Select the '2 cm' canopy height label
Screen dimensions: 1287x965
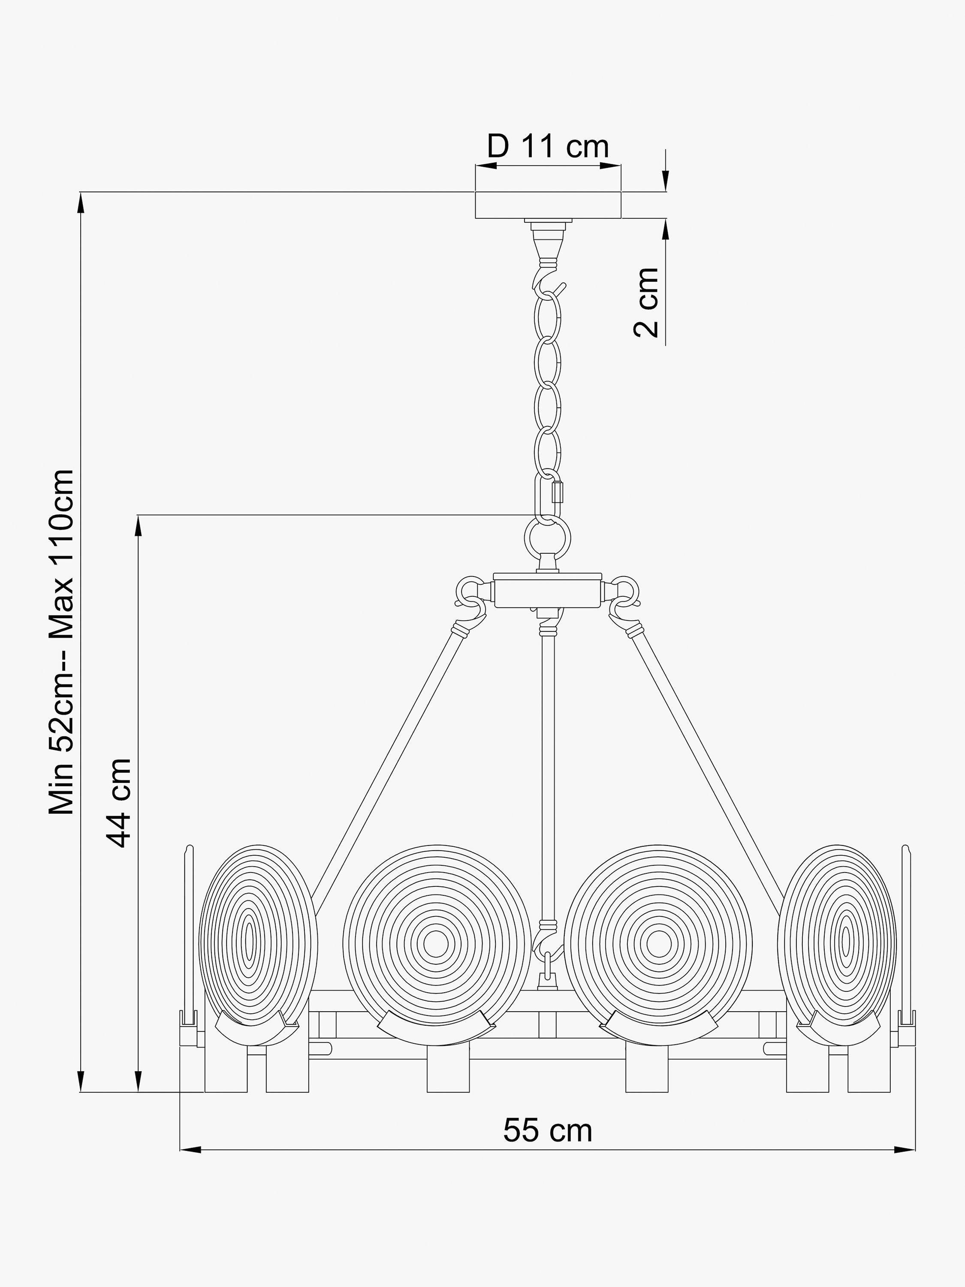coord(646,302)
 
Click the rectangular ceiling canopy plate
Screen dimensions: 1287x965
coord(548,205)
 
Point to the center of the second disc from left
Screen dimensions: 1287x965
coord(435,943)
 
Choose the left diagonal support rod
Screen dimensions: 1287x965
coord(384,774)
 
